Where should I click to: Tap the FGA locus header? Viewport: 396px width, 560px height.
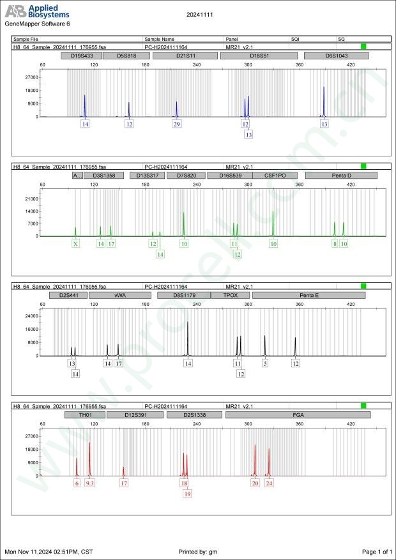click(x=298, y=414)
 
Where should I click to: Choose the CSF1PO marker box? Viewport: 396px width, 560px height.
click(x=271, y=175)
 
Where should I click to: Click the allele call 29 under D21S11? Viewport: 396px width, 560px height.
click(x=177, y=124)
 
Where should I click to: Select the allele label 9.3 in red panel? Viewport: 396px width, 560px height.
click(x=90, y=483)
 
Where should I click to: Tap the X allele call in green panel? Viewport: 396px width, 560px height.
click(x=75, y=243)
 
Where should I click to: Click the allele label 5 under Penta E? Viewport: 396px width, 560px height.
click(x=265, y=363)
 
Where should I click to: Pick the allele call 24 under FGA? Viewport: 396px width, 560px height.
click(x=269, y=483)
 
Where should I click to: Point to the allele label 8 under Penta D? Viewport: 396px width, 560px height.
click(x=335, y=243)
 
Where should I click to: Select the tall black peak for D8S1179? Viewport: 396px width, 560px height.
click(x=188, y=332)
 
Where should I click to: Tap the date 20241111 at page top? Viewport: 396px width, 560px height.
click(x=199, y=13)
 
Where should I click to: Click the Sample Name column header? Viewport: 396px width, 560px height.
click(x=160, y=39)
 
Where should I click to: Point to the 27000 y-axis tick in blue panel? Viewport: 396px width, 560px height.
click(x=31, y=77)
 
